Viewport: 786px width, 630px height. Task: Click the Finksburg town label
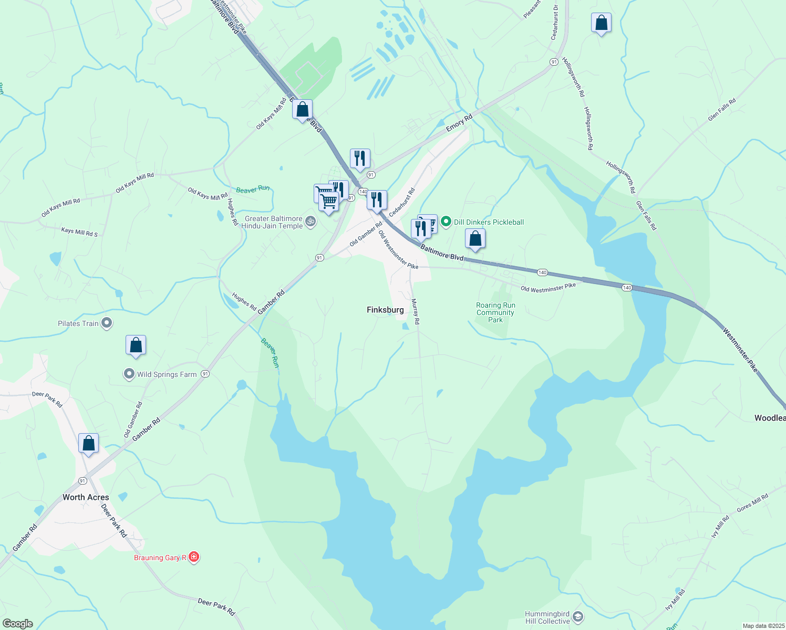pyautogui.click(x=385, y=310)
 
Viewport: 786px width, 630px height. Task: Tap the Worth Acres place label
pyautogui.click(x=86, y=497)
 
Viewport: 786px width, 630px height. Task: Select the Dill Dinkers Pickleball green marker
pyautogui.click(x=446, y=222)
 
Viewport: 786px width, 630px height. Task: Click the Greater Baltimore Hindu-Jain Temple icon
pyautogui.click(x=311, y=222)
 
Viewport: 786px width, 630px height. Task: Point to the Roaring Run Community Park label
pyautogui.click(x=495, y=312)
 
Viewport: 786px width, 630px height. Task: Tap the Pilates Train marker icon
pyautogui.click(x=107, y=323)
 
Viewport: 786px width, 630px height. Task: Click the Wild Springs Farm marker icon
pyautogui.click(x=129, y=374)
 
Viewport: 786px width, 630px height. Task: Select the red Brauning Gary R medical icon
pyautogui.click(x=194, y=557)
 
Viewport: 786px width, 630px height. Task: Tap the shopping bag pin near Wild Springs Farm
pyautogui.click(x=136, y=345)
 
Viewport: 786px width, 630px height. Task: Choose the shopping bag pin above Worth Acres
pyautogui.click(x=88, y=443)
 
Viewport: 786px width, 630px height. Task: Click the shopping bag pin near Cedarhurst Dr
pyautogui.click(x=601, y=23)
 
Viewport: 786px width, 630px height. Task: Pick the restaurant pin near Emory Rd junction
pyautogui.click(x=360, y=158)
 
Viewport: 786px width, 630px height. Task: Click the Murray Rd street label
pyautogui.click(x=415, y=311)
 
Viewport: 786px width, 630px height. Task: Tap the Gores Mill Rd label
pyautogui.click(x=752, y=503)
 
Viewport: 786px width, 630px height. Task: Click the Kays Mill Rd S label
pyautogui.click(x=79, y=232)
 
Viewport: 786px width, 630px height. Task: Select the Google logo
pyautogui.click(x=18, y=624)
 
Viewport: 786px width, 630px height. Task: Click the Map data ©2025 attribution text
pyautogui.click(x=763, y=626)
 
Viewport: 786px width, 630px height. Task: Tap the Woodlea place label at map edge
pyautogui.click(x=770, y=418)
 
